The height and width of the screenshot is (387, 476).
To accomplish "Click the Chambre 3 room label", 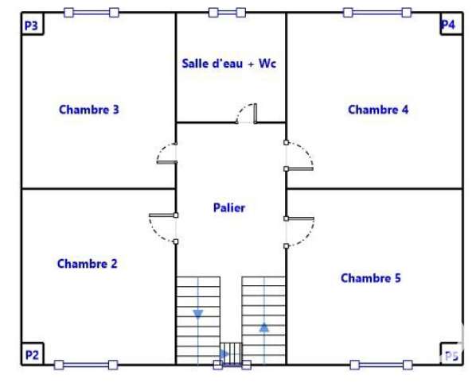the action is click(x=89, y=110).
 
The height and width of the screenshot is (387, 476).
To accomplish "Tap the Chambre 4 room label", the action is click(x=378, y=110).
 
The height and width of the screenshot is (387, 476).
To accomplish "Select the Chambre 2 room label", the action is click(x=87, y=264).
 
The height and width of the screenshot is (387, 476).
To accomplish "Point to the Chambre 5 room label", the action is click(x=371, y=278).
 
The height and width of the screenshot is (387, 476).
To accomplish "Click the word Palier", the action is click(x=229, y=208).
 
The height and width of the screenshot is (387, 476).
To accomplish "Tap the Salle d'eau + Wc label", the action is click(x=229, y=64).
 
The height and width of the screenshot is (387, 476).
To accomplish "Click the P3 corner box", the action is click(x=33, y=24).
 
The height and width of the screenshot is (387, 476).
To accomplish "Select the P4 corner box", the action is click(x=451, y=24).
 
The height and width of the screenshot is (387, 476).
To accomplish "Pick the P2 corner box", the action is click(x=33, y=354).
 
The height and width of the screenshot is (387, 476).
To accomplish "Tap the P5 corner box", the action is click(x=451, y=354).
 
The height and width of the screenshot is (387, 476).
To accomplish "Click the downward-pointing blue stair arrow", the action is click(x=198, y=314).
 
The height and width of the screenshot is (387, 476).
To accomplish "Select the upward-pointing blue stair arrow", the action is click(x=264, y=327).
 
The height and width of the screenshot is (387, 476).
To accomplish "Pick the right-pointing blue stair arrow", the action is click(x=224, y=354).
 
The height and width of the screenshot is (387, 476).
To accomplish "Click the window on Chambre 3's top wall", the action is click(x=92, y=13).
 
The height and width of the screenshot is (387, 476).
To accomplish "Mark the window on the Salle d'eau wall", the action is click(x=227, y=13).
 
